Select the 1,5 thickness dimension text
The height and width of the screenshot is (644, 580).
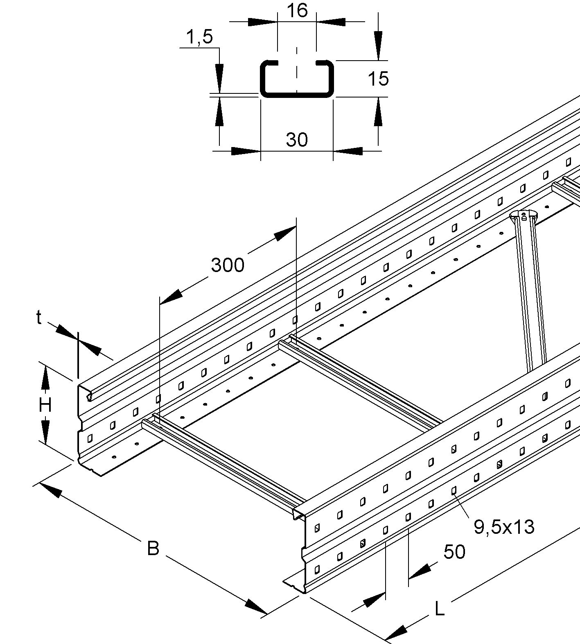[x=199, y=37]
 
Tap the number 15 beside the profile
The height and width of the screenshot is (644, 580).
[x=378, y=78]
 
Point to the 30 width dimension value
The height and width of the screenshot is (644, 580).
[x=297, y=140]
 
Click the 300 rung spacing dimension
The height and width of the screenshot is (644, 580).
[x=228, y=265]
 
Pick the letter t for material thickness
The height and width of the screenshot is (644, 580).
[x=39, y=317]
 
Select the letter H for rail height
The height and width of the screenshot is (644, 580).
[x=45, y=405]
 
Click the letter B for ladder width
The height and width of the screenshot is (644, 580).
[x=153, y=548]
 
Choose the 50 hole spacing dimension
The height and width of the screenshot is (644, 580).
[x=454, y=552]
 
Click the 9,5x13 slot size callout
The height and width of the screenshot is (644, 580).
[x=504, y=527]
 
